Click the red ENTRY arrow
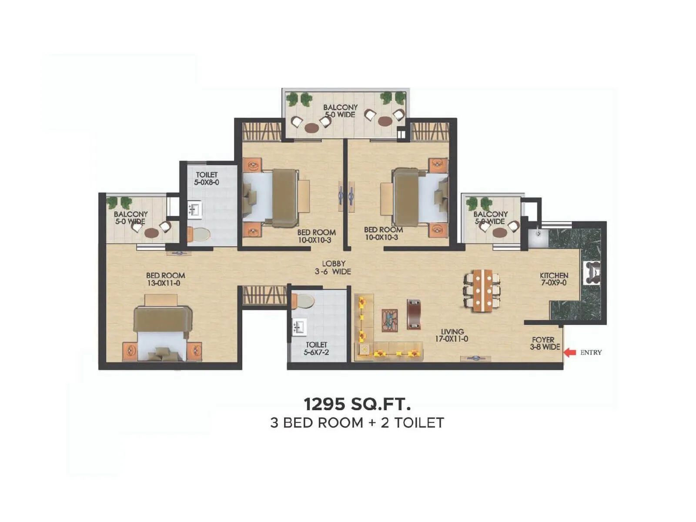tap(570, 353)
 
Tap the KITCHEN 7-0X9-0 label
tap(554, 279)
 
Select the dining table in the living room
tap(482, 290)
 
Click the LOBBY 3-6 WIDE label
tap(333, 268)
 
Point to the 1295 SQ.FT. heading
tap(357, 404)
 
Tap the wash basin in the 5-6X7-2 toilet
tap(299, 326)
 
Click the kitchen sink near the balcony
tap(538, 238)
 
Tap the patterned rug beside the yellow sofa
tap(390, 321)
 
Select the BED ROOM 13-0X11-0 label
tap(165, 279)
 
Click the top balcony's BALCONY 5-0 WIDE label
tap(340, 111)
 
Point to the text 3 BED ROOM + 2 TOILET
tap(357, 423)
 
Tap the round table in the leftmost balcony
tap(151, 233)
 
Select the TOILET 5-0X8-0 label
tap(207, 178)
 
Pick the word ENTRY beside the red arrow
tap(591, 353)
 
